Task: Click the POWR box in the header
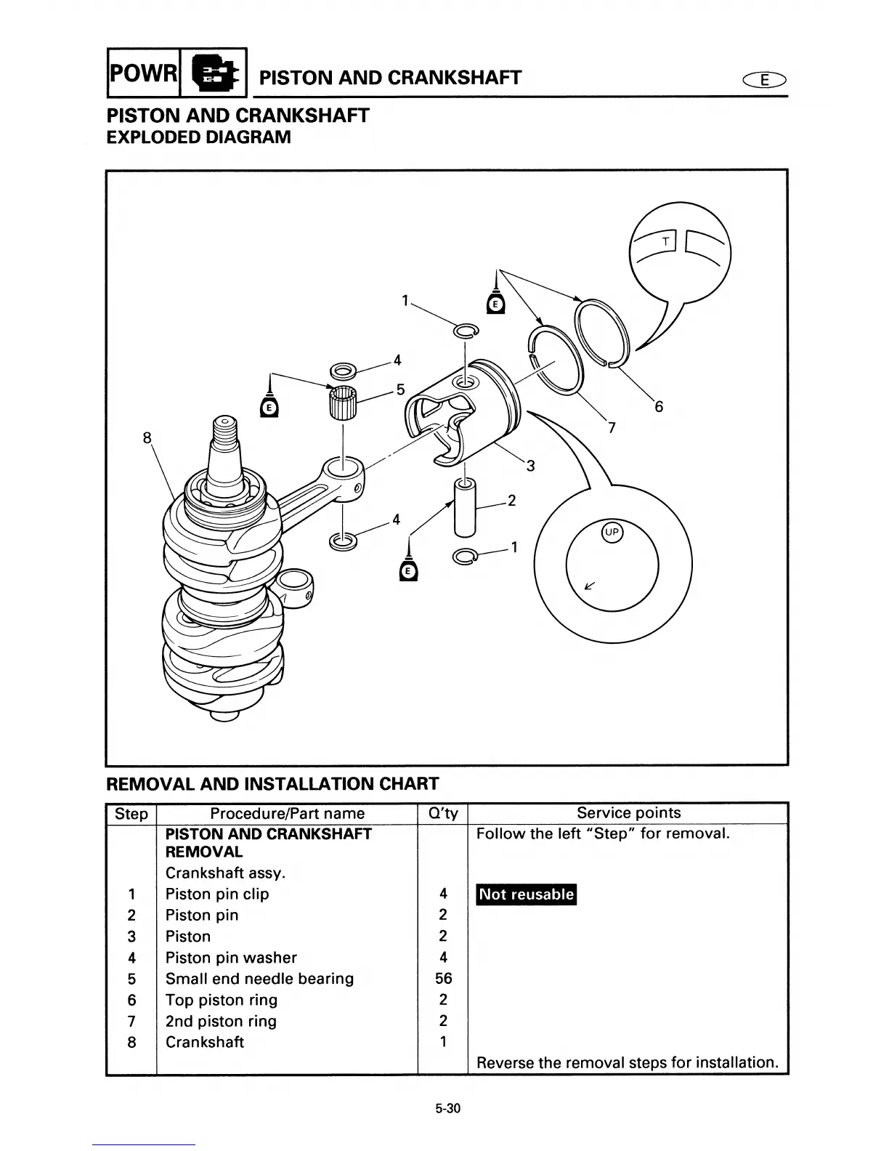[143, 73]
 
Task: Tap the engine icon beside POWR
[214, 73]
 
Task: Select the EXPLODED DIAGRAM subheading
[198, 137]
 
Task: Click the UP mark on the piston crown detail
[612, 533]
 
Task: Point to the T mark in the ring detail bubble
[665, 241]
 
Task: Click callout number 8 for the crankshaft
[147, 437]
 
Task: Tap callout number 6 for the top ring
[658, 407]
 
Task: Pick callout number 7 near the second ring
[612, 428]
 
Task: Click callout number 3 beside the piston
[530, 466]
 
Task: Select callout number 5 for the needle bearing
[400, 389]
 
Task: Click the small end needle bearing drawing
[343, 403]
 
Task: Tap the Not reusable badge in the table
[526, 894]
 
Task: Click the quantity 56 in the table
[443, 979]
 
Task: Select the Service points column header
[628, 813]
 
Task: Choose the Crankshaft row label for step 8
[204, 1042]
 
